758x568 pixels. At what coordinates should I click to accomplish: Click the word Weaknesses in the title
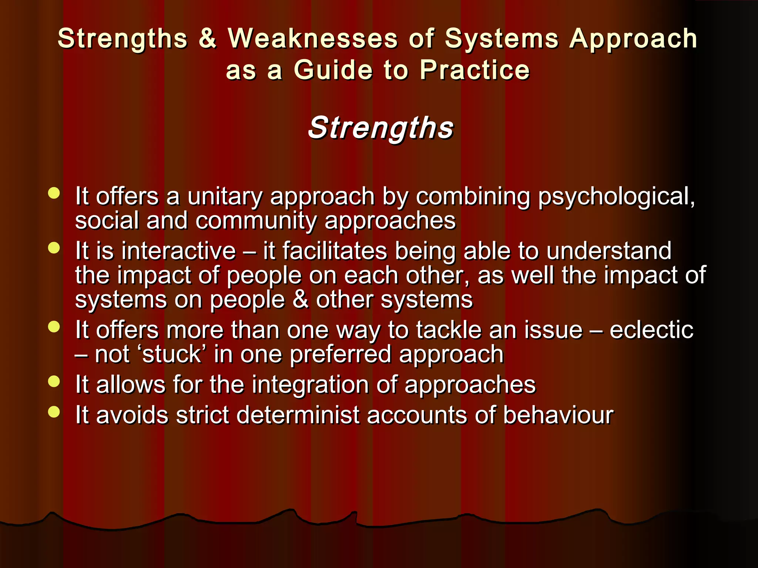313,38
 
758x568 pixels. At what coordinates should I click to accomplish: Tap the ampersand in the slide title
207,38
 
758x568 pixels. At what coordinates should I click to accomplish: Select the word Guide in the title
333,70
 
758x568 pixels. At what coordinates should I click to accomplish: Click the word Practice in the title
474,70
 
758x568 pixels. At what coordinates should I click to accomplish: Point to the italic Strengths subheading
380,128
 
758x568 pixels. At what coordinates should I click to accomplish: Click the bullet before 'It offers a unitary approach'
54,193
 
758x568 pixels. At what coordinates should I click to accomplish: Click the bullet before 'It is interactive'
54,248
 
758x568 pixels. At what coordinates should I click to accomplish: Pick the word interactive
179,251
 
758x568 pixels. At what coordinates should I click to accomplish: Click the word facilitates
335,251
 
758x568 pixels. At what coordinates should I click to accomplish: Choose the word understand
608,251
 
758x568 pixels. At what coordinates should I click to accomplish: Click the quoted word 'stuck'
171,354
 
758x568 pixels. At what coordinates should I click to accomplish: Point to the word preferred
340,355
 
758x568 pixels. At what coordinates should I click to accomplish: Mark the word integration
311,385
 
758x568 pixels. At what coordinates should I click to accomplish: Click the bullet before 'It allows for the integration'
54,382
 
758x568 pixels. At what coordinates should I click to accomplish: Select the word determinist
298,415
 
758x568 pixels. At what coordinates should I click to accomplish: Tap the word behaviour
558,415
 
